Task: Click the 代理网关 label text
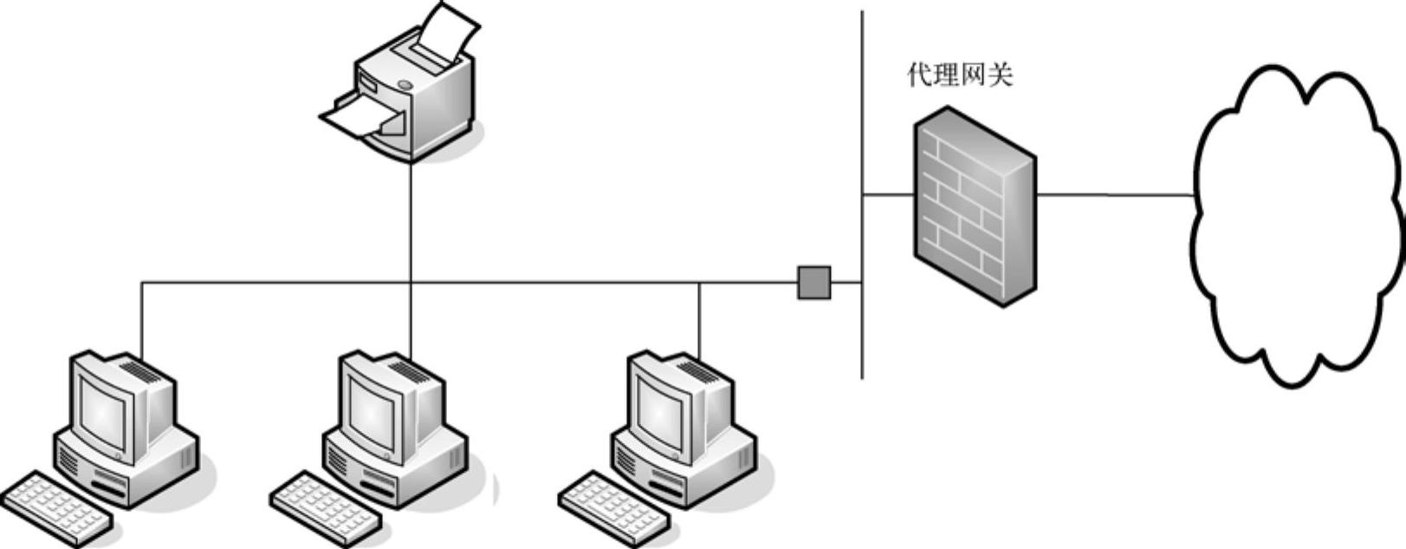pos(960,75)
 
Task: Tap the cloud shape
pos(1297,225)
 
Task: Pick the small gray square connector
pos(813,283)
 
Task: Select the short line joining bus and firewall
pos(888,195)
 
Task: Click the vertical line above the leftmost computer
pos(141,317)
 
